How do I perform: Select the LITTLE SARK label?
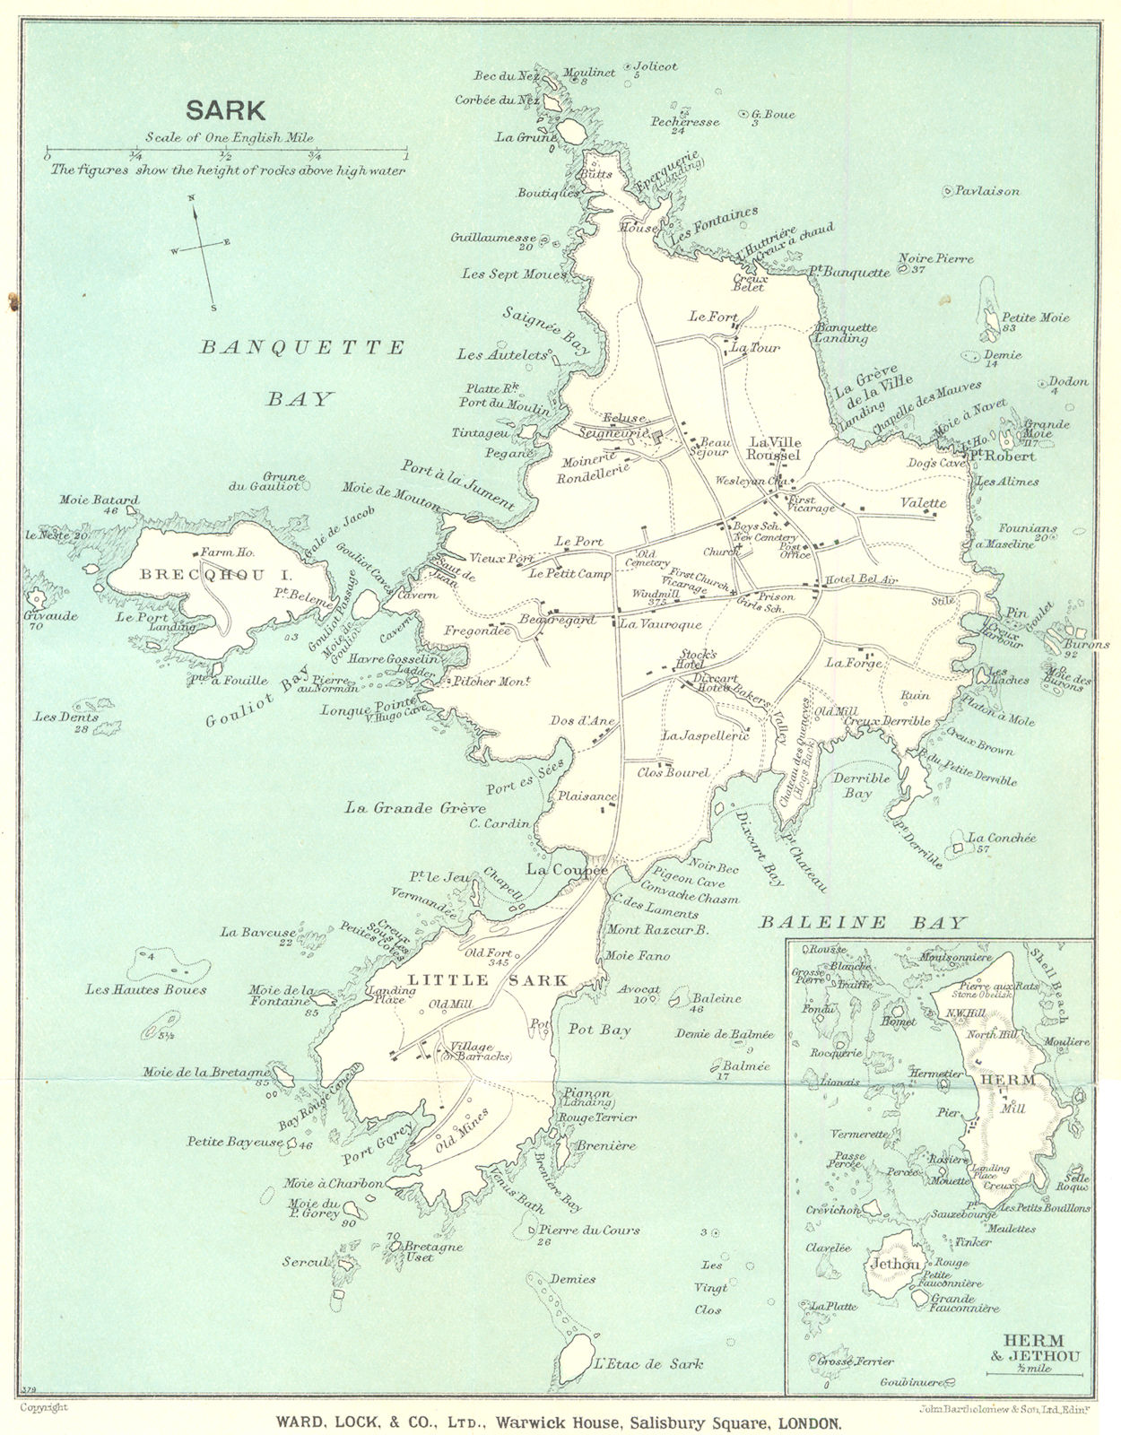coord(488,980)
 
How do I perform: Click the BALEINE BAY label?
coord(863,922)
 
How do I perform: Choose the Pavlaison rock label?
coord(987,191)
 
